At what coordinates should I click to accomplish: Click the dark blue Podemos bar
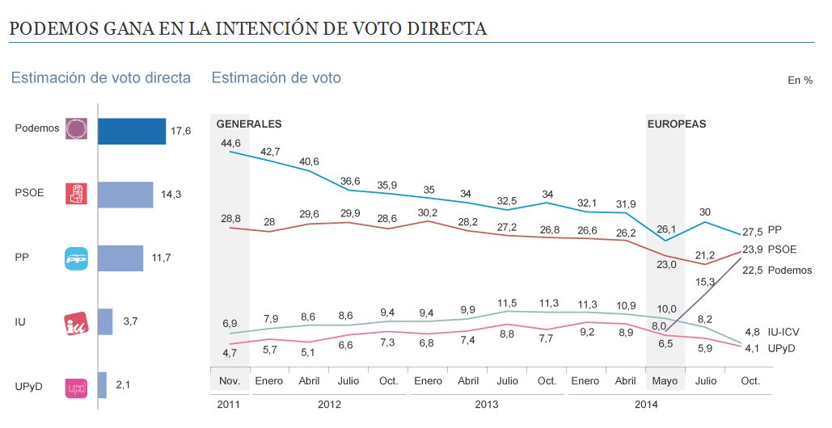pyautogui.click(x=132, y=130)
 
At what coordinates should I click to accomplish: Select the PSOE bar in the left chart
pyautogui.click(x=125, y=194)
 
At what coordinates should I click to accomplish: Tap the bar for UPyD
pyautogui.click(x=102, y=385)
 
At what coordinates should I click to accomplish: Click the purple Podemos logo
pyautogui.click(x=76, y=129)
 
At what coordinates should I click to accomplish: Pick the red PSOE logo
pyautogui.click(x=76, y=194)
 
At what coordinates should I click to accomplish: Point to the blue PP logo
pyautogui.click(x=76, y=258)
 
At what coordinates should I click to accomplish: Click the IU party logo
pyautogui.click(x=76, y=322)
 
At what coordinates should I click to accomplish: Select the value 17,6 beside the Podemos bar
pyautogui.click(x=180, y=130)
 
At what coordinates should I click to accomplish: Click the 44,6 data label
pyautogui.click(x=230, y=143)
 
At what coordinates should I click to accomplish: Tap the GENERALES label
pyautogui.click(x=249, y=124)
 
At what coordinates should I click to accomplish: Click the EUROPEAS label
pyautogui.click(x=677, y=124)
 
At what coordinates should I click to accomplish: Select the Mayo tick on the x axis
pyautogui.click(x=665, y=380)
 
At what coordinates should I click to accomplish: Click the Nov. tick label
pyautogui.click(x=230, y=380)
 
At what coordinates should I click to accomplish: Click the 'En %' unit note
pyautogui.click(x=799, y=80)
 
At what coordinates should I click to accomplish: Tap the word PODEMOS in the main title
pyautogui.click(x=54, y=29)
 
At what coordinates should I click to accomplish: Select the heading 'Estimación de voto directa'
pyautogui.click(x=101, y=78)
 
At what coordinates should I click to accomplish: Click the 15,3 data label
pyautogui.click(x=706, y=282)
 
